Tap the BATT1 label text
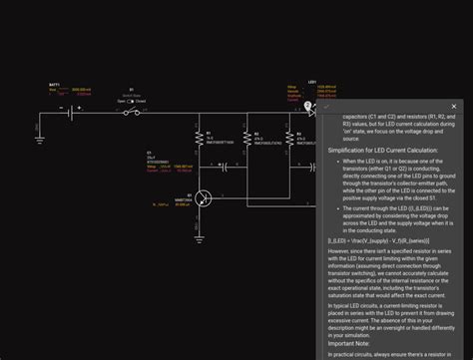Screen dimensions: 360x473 53,87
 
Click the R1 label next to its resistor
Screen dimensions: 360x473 210,132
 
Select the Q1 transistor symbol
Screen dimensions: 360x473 204,198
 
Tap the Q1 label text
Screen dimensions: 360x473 177,195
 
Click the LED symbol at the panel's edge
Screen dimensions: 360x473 310,113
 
